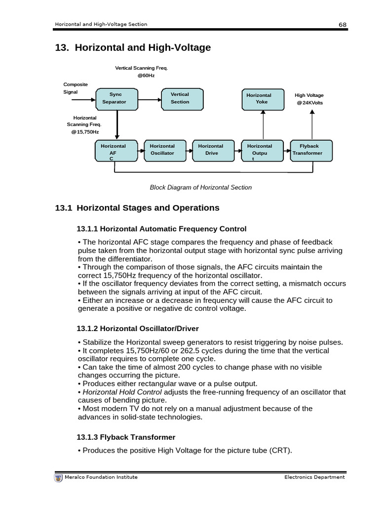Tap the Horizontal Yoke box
(263, 98)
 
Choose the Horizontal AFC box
(116, 150)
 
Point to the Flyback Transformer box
(311, 150)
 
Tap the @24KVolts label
(310, 102)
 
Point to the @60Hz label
(146, 76)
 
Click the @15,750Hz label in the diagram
(85, 132)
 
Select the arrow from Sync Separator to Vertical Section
(150, 98)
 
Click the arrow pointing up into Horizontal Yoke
(263, 125)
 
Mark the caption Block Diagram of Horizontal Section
(201, 187)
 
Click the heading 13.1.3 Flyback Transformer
(126, 437)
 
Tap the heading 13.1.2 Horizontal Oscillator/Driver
(138, 328)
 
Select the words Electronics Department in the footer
(314, 477)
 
